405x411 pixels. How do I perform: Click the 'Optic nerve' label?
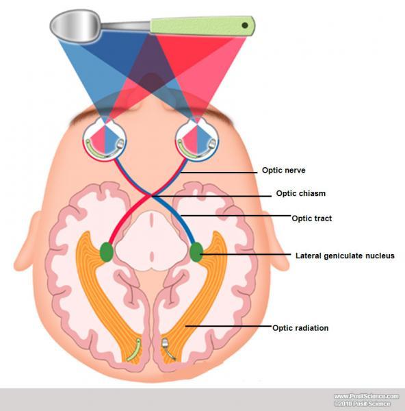tap(283, 171)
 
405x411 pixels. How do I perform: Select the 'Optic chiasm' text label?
tap(301, 193)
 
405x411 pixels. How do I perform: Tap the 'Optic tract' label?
tap(311, 219)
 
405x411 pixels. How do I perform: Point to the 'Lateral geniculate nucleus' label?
tap(345, 256)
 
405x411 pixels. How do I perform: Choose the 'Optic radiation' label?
tap(300, 328)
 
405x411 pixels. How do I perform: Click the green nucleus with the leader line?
tap(196, 252)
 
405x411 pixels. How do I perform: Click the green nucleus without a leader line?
tap(107, 251)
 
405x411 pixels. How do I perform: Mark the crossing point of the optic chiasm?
tap(152, 195)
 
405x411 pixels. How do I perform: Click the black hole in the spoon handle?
tap(245, 25)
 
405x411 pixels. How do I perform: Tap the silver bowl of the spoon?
tap(75, 25)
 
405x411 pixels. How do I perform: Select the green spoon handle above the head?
tap(202, 26)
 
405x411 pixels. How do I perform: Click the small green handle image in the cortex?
tap(135, 350)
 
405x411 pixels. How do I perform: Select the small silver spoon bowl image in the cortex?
tap(166, 342)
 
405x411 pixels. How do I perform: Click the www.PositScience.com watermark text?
tap(366, 396)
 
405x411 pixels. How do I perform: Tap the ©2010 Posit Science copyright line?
tap(362, 403)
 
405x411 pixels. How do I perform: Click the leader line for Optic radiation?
tap(228, 326)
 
